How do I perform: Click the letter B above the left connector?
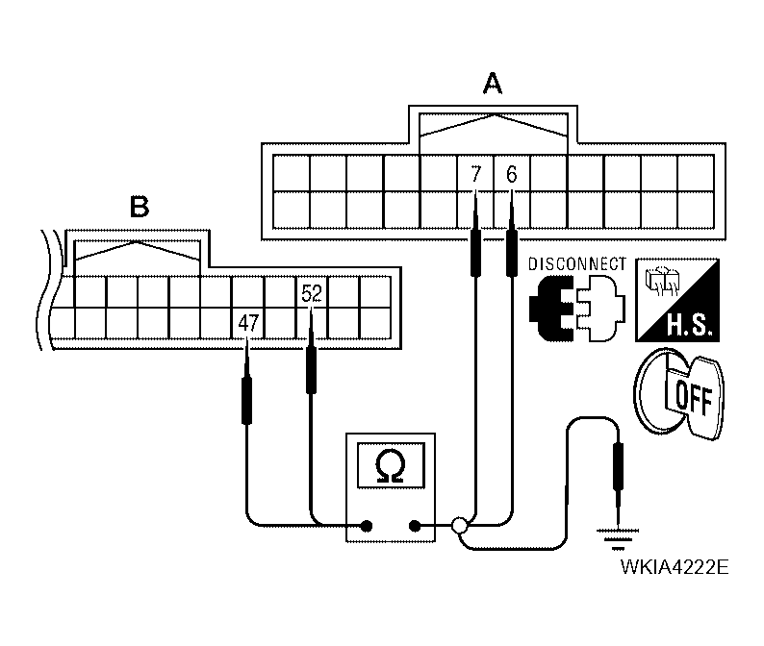[x=140, y=206]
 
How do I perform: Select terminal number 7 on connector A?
[x=475, y=175]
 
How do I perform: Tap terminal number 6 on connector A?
[x=511, y=175]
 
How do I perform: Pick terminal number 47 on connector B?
[x=248, y=323]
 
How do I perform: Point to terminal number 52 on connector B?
[x=311, y=292]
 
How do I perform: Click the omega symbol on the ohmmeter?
[x=391, y=467]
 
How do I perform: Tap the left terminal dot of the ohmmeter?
[x=367, y=526]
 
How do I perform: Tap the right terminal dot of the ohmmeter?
[x=416, y=526]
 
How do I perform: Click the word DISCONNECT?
[x=577, y=263]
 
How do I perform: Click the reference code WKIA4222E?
[x=675, y=566]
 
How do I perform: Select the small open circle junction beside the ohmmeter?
[x=460, y=526]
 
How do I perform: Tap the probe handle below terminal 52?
[x=311, y=370]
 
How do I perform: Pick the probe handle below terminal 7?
[x=475, y=251]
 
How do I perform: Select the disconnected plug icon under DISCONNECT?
[x=576, y=307]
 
